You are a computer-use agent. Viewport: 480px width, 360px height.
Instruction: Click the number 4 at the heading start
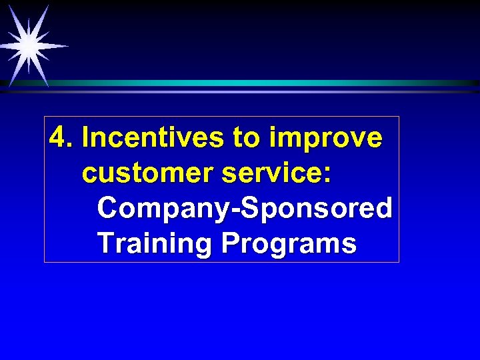59,138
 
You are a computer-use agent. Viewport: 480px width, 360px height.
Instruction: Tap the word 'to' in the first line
247,139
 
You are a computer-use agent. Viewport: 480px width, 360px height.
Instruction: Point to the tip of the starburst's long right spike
69,46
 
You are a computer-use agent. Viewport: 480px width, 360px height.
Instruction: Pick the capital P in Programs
230,243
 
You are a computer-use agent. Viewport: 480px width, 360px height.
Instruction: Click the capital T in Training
105,243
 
